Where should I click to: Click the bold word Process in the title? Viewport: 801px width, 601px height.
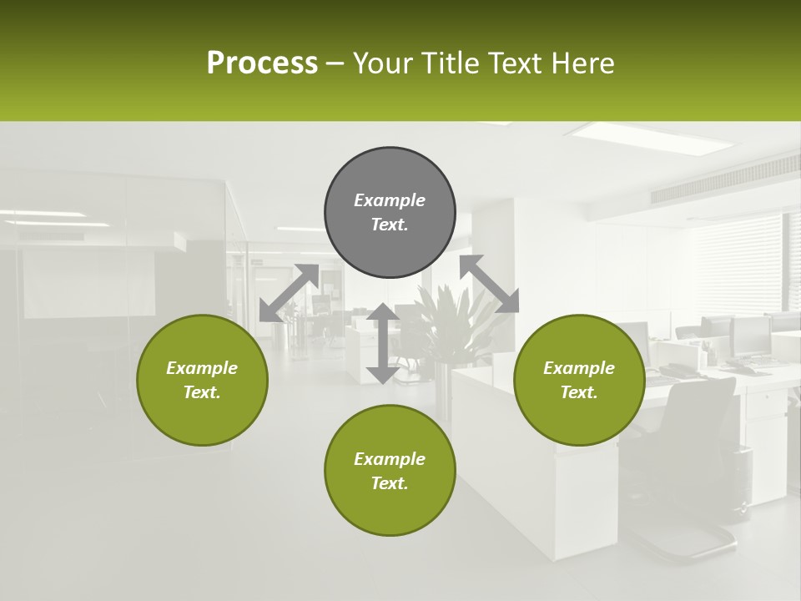tap(262, 63)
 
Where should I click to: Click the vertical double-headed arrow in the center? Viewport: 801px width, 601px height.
tap(382, 343)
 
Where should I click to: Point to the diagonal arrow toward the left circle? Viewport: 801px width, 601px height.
tap(289, 292)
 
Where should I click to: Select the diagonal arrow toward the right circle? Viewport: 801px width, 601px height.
tap(489, 284)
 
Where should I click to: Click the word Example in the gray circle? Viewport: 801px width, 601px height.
tap(390, 200)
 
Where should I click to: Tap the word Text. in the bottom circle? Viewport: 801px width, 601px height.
tap(390, 483)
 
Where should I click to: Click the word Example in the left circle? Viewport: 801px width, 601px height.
tap(202, 368)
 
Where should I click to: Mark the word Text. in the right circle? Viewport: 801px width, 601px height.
tap(579, 392)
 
